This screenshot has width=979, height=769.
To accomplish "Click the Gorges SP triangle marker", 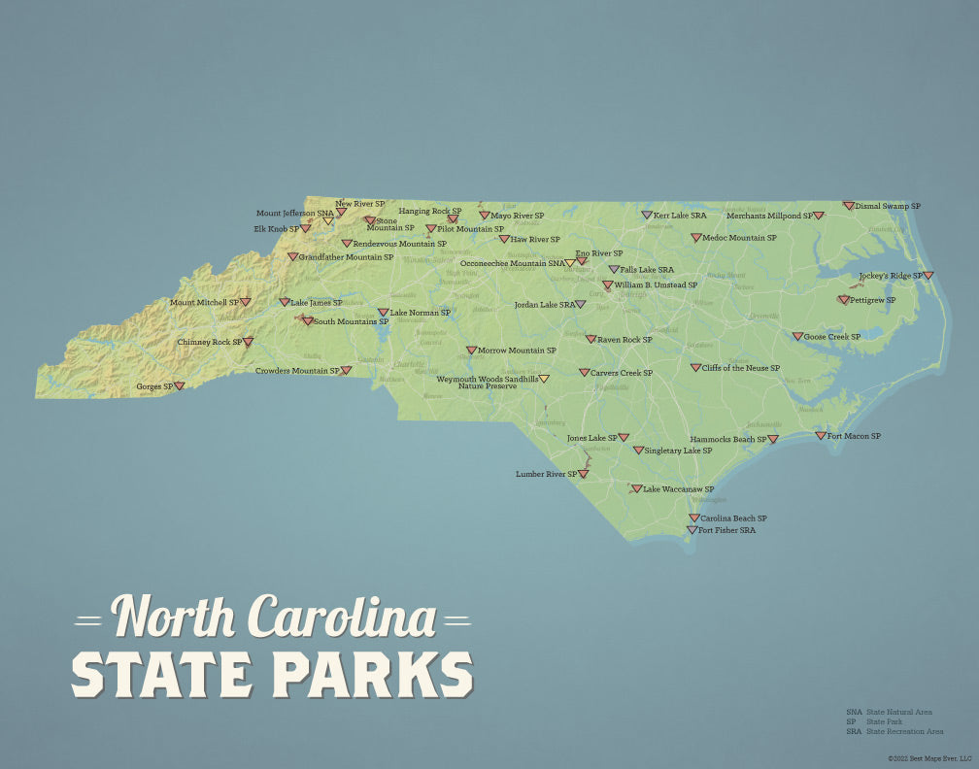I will click(x=179, y=385).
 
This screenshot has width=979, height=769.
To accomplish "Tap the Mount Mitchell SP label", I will click(x=204, y=302).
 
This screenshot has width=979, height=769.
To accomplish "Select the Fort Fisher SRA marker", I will click(x=692, y=530).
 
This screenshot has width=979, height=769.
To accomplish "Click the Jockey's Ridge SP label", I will click(x=890, y=276).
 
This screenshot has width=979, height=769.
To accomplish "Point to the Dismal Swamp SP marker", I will click(x=848, y=206).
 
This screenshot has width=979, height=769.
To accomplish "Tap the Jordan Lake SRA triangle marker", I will click(x=581, y=304).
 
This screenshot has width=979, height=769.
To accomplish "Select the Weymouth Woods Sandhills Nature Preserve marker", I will click(x=544, y=379).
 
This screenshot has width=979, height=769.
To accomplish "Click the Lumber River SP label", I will click(x=546, y=474).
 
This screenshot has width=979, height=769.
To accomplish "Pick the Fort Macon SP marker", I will click(x=821, y=436).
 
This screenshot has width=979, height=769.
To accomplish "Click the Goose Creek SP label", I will click(x=831, y=337).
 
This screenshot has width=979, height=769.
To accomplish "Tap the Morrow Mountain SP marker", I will click(x=471, y=351).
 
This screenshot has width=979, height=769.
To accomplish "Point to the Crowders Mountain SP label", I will click(x=297, y=370).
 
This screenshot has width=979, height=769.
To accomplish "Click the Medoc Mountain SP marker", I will click(x=696, y=237).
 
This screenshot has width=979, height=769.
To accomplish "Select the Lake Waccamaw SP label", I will click(x=678, y=488).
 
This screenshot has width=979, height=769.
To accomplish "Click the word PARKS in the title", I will click(x=373, y=672).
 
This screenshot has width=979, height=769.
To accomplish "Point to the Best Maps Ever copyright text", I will click(x=928, y=758).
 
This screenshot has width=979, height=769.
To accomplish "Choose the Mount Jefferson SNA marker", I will click(x=328, y=221).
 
